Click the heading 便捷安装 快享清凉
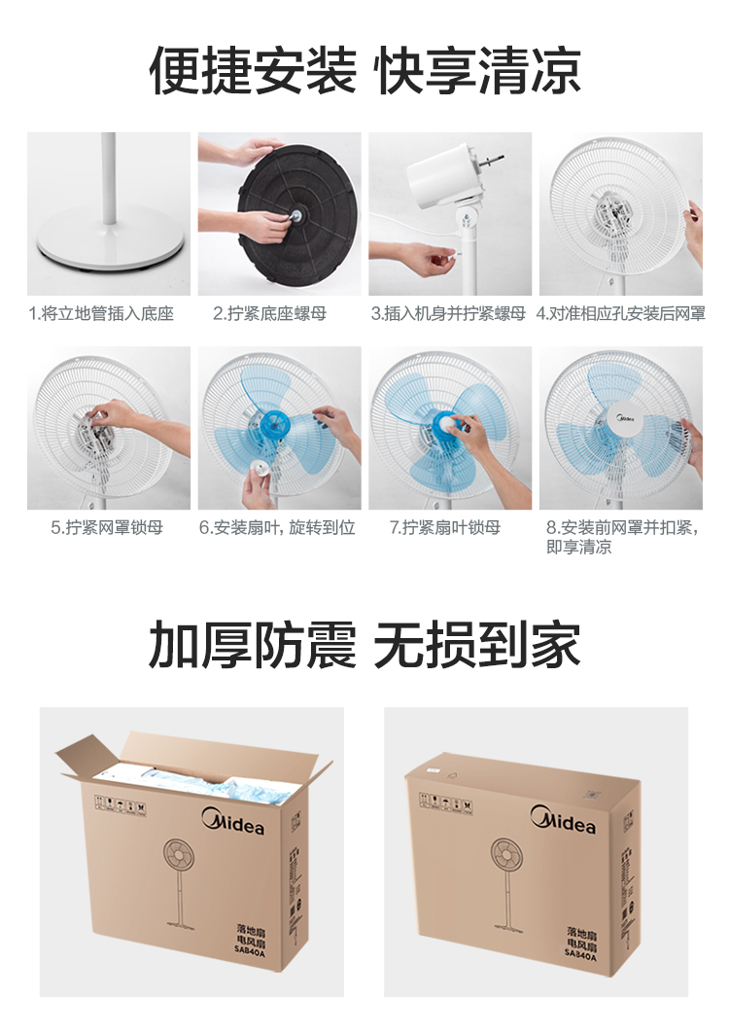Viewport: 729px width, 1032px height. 365,70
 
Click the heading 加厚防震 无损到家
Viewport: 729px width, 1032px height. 365,644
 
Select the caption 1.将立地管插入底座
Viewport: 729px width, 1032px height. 101,313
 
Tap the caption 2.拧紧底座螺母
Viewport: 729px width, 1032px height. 270,313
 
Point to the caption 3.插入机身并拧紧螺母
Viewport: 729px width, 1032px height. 449,313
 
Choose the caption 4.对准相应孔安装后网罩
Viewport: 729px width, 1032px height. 621,313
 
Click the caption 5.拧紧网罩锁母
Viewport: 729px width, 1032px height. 107,527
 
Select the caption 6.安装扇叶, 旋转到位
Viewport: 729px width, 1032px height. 277,527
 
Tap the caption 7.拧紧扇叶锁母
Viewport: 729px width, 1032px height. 445,527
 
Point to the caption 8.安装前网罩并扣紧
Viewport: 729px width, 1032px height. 622,527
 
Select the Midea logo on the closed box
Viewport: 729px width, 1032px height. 563,819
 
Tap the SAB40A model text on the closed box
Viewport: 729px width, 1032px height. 580,955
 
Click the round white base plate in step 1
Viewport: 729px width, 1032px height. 110,238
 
